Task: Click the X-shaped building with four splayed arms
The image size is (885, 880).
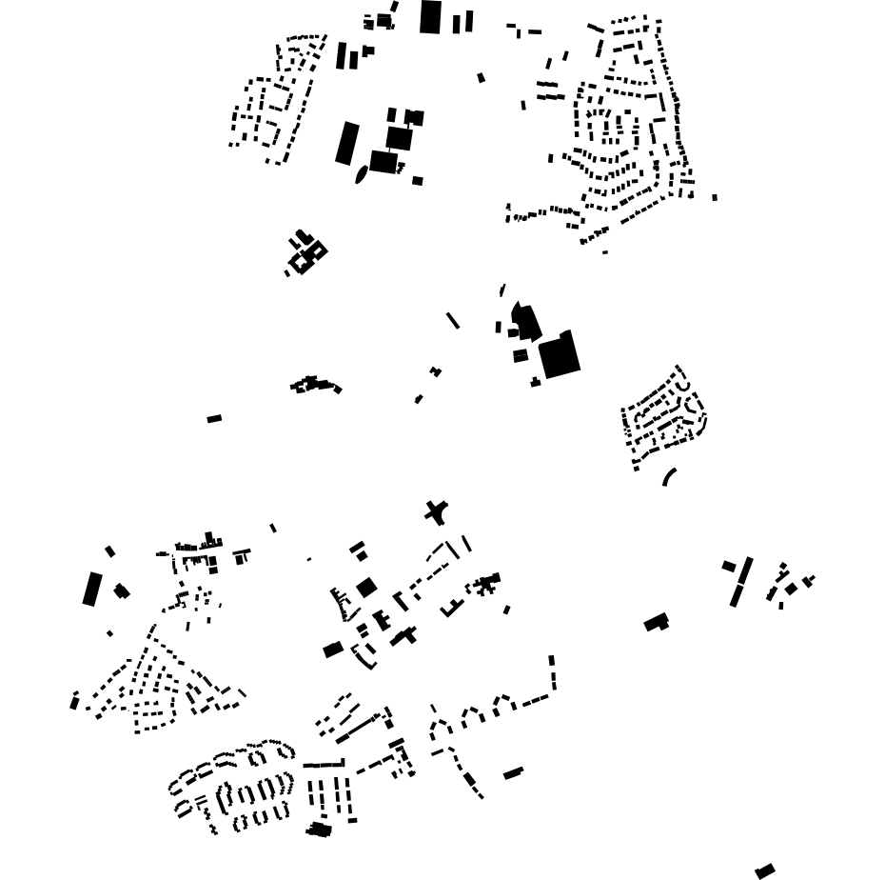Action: (x=436, y=512)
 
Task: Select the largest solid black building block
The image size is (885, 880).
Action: (x=560, y=356)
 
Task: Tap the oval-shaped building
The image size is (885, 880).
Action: (x=361, y=175)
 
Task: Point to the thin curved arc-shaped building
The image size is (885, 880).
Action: (x=669, y=476)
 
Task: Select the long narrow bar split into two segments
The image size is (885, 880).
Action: (x=740, y=581)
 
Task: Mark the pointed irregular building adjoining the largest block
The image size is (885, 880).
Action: (x=525, y=321)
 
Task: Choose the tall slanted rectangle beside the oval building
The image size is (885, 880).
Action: (x=347, y=143)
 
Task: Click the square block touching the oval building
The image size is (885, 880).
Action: (x=383, y=162)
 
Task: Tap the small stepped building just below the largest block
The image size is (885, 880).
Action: (x=536, y=382)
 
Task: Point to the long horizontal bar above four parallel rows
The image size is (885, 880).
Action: (x=324, y=764)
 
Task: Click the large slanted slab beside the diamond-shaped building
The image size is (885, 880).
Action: (x=91, y=589)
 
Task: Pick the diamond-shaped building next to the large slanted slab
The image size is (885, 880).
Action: (x=121, y=591)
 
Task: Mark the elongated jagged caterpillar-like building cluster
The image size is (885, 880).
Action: (x=315, y=385)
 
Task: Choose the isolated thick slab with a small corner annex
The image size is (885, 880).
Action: (x=656, y=623)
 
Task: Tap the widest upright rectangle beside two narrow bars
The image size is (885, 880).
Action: (x=430, y=17)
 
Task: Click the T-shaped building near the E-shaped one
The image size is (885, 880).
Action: (x=406, y=635)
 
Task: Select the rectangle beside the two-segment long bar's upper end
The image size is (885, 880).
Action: (x=728, y=566)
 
